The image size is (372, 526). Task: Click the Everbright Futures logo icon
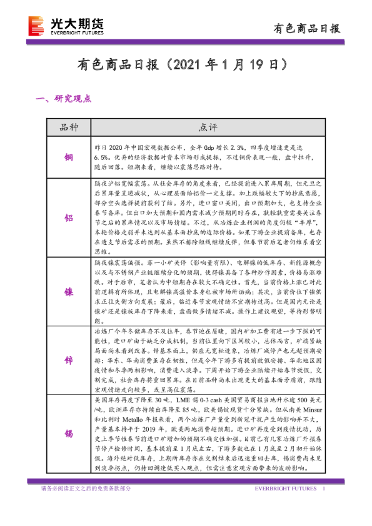37,26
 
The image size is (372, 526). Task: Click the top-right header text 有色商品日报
308,28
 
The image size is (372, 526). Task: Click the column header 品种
69,127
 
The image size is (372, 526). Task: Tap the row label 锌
69,361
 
